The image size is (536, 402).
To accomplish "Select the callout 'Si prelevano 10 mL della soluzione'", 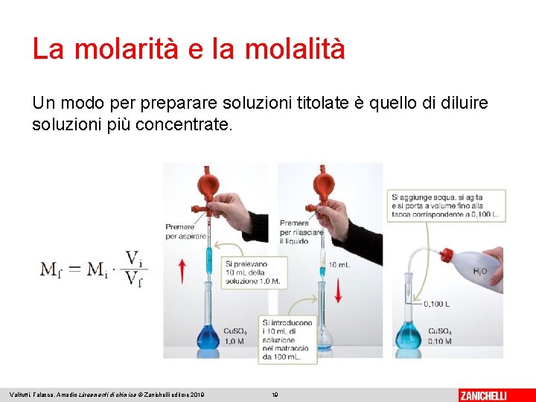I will tap(252, 272).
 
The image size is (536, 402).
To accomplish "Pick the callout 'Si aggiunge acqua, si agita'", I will tap(446, 203).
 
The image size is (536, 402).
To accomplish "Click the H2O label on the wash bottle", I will tap(480, 272).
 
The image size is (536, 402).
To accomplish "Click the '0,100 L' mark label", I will tap(435, 304).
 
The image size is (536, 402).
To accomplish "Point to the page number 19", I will tap(275, 395).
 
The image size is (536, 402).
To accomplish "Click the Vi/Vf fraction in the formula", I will tap(135, 269).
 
